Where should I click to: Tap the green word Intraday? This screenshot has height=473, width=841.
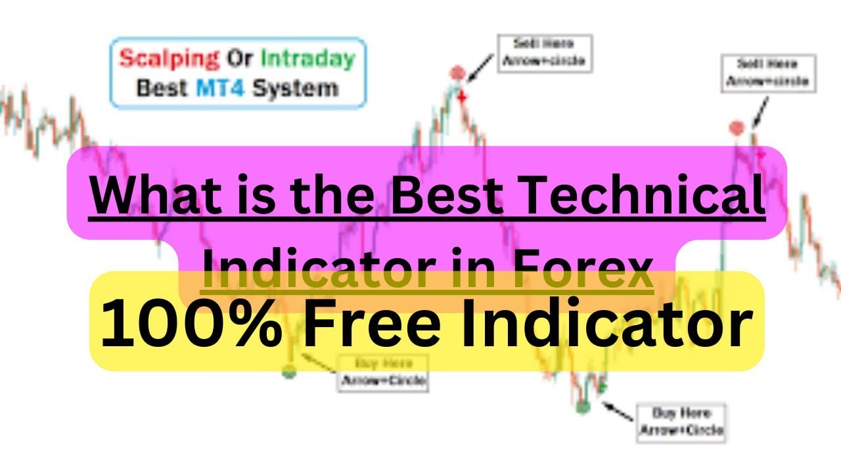pos(307,59)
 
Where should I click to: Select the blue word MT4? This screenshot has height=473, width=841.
pos(220,87)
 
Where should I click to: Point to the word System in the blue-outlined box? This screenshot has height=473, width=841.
pos(296,87)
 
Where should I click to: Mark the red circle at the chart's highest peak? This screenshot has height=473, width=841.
pos(457,73)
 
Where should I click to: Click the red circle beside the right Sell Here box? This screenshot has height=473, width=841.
pos(737,128)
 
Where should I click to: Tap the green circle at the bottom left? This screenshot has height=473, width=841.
pos(289,372)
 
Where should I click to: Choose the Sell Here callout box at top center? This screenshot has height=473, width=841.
pos(545,53)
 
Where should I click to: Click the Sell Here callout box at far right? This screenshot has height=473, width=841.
pos(768,73)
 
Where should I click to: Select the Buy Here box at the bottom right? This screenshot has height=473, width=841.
pos(681,422)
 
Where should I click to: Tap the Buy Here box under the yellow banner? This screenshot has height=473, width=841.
pos(382,372)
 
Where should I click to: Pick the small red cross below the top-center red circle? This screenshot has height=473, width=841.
pos(462,97)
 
